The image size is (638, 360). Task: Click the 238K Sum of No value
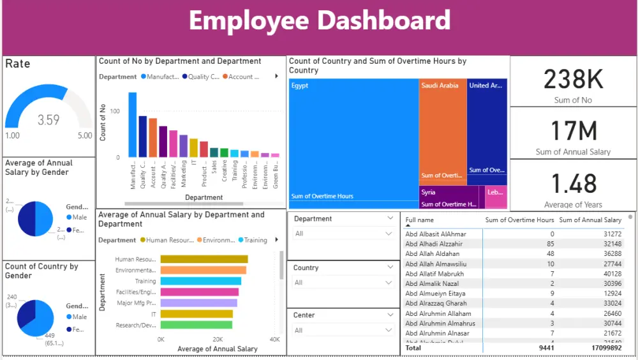(x=573, y=80)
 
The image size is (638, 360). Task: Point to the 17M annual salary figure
(x=573, y=131)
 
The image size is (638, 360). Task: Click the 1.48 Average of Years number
(x=573, y=184)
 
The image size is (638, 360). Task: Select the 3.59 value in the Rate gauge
(x=48, y=120)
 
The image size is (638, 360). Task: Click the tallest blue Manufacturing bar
(x=133, y=124)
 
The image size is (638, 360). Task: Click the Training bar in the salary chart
(x=201, y=281)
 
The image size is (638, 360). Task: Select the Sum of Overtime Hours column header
(x=519, y=220)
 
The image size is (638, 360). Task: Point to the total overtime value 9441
(x=546, y=349)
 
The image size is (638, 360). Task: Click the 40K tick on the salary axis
(x=274, y=340)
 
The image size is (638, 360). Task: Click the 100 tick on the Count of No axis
(x=115, y=112)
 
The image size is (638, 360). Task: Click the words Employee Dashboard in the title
(x=319, y=20)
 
